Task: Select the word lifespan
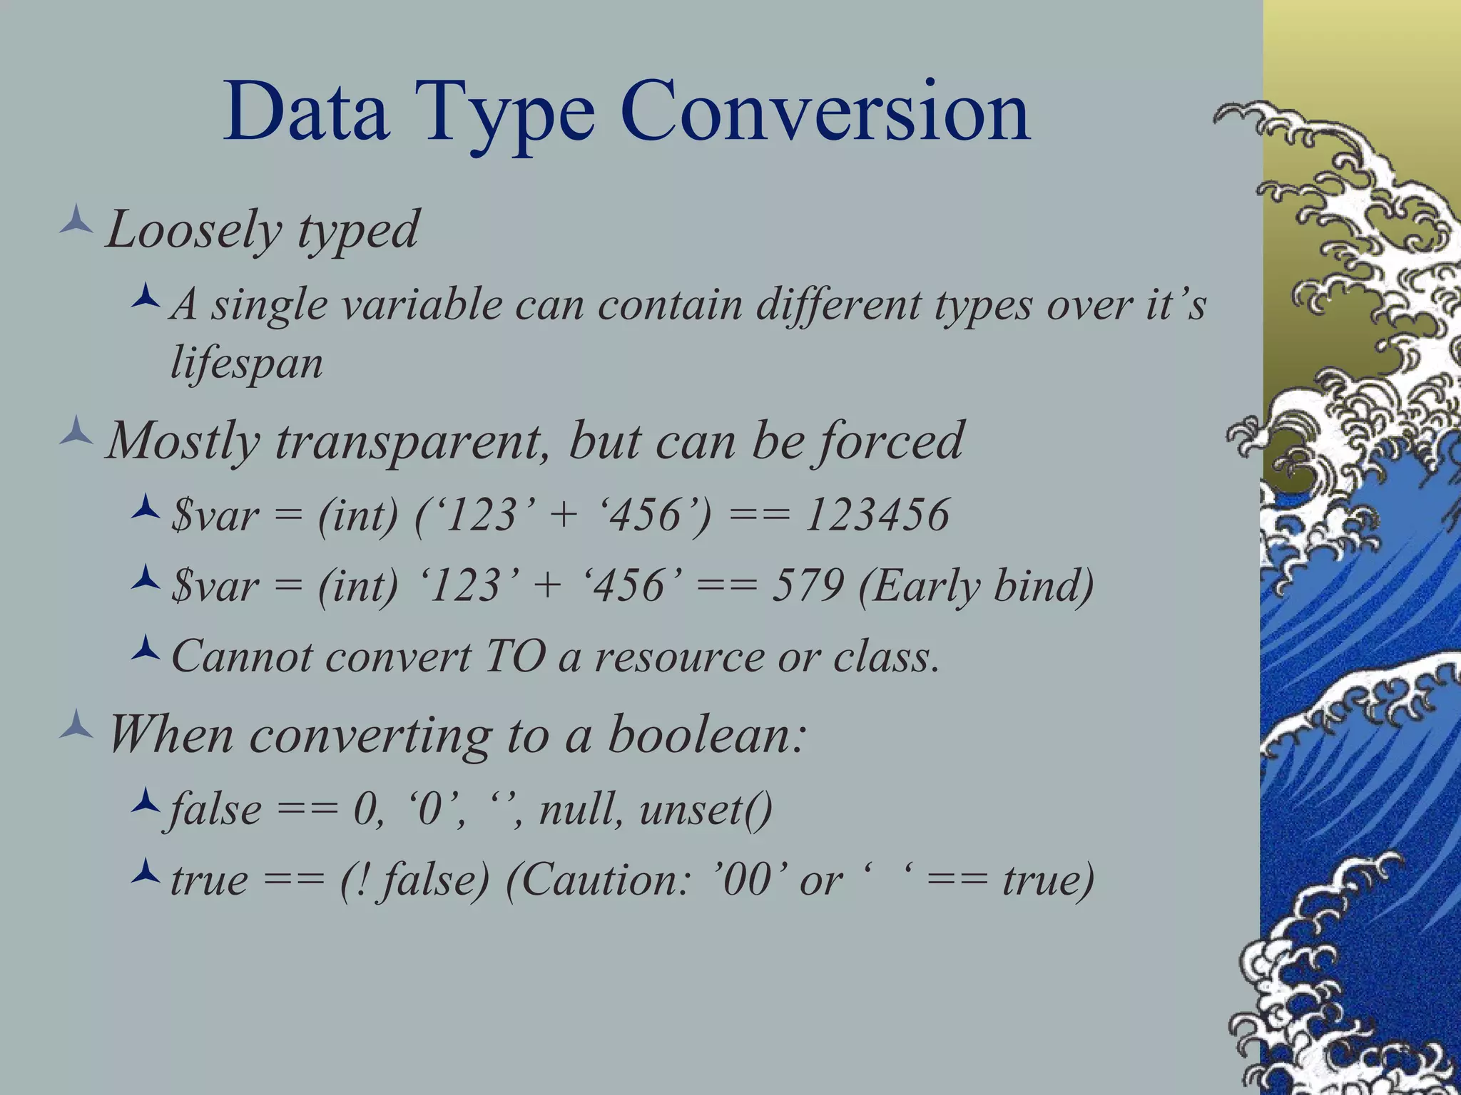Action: click(247, 364)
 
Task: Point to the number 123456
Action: click(877, 515)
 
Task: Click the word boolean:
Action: click(707, 734)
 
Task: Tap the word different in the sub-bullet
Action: click(838, 305)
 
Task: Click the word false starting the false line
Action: click(214, 810)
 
